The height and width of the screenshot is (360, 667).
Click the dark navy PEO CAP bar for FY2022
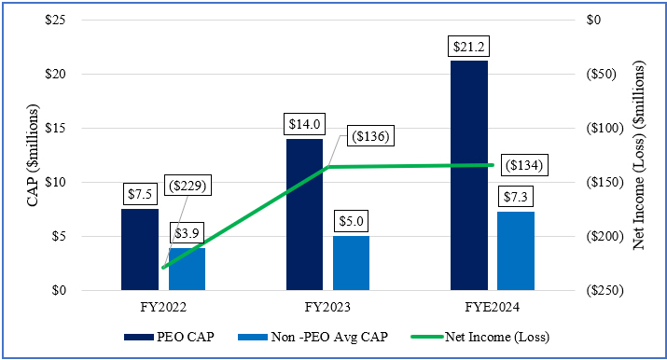tap(140, 249)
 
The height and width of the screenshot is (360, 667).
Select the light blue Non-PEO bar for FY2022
tap(187, 269)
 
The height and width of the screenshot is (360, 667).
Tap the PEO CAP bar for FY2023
tap(304, 214)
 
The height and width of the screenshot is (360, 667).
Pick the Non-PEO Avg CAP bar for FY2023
tap(351, 263)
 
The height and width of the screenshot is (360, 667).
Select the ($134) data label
tap(521, 164)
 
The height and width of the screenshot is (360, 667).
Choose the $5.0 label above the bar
tap(351, 222)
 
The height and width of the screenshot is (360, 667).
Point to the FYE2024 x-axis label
tap(492, 305)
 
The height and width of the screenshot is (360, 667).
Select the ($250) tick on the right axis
tap(600, 291)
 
